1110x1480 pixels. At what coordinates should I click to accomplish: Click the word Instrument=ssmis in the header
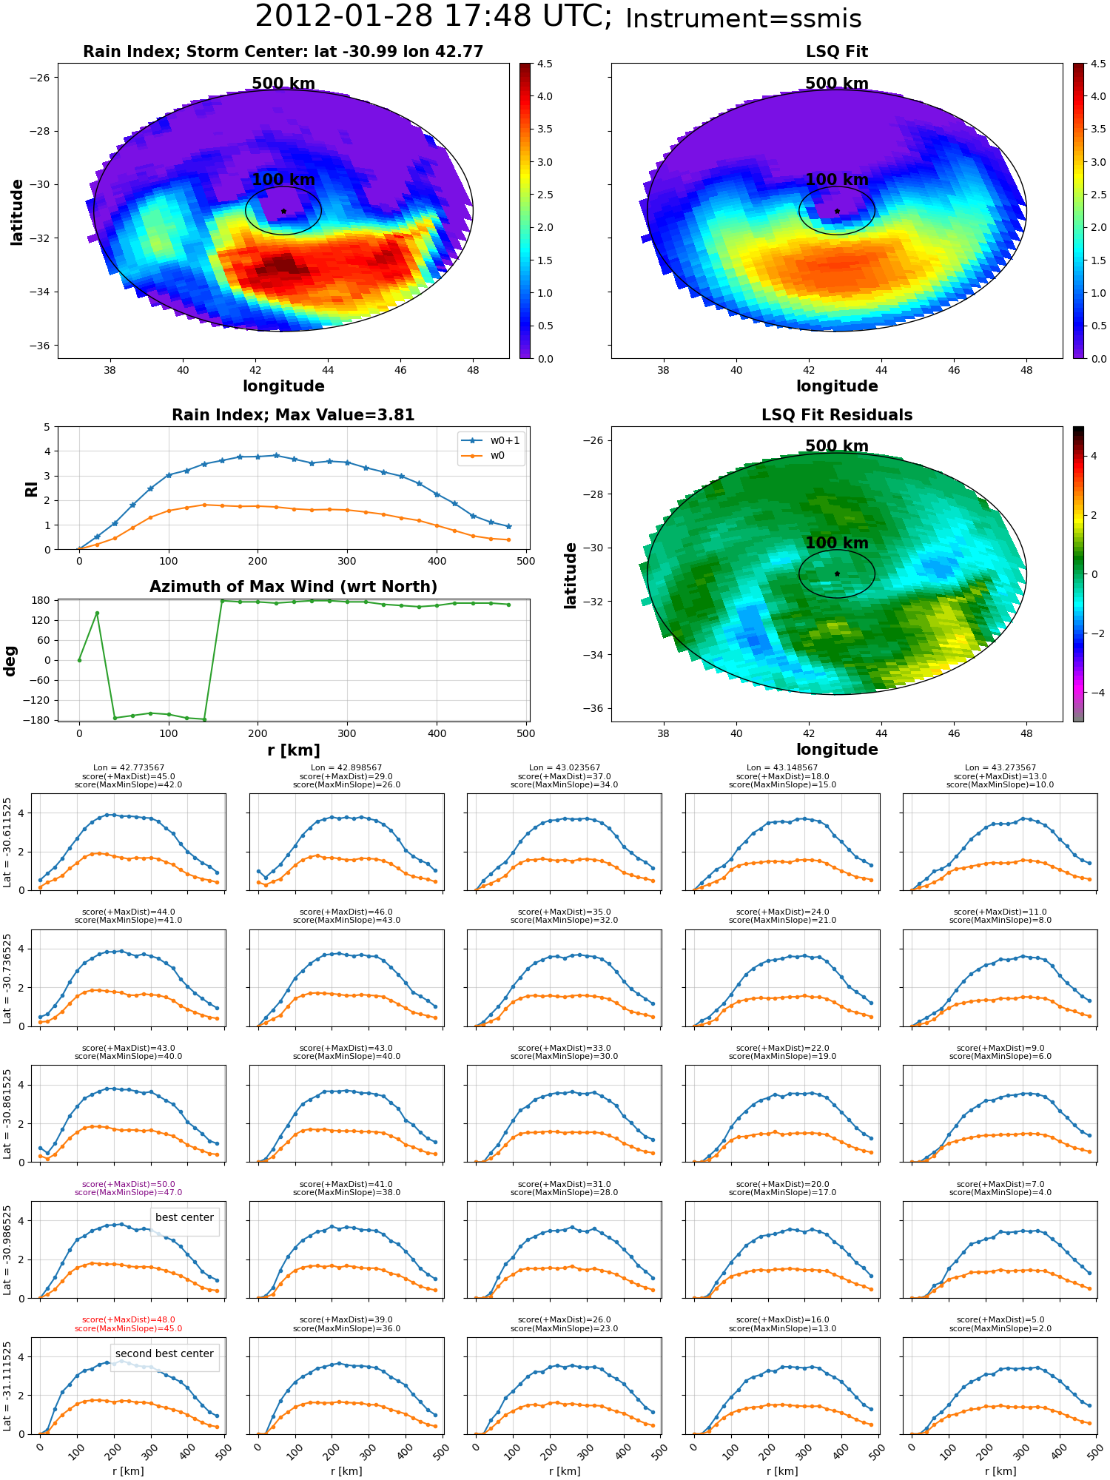(x=743, y=18)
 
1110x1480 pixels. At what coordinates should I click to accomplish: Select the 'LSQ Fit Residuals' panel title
(x=837, y=415)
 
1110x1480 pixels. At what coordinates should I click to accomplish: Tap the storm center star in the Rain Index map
(x=283, y=211)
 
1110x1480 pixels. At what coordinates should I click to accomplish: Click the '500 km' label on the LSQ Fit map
(x=837, y=83)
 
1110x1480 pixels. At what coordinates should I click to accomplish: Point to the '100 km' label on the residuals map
(x=837, y=542)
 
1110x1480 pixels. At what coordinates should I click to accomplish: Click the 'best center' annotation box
(x=184, y=1217)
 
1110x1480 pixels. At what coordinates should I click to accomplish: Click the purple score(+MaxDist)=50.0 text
(x=129, y=1184)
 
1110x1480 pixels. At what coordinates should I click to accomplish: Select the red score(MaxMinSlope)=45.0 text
(x=129, y=1328)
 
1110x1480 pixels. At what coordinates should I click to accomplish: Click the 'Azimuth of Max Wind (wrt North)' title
(x=293, y=587)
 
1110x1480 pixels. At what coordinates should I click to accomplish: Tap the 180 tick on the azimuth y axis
(x=41, y=600)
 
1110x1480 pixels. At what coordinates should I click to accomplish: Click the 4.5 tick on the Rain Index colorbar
(x=545, y=64)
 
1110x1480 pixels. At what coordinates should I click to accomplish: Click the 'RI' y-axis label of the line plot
(x=32, y=488)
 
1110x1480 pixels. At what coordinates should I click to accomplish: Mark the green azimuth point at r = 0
(x=79, y=660)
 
